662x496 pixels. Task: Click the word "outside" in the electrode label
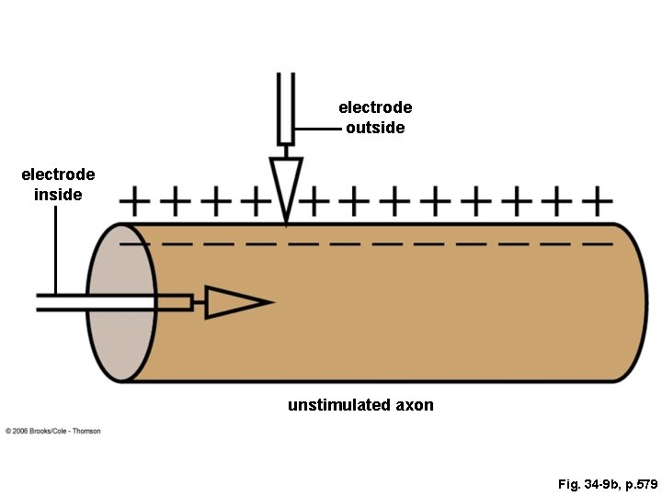[x=375, y=128]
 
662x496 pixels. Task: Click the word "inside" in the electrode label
[x=58, y=194]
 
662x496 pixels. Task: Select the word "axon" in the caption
[x=415, y=405]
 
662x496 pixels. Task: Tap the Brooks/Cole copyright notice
[x=53, y=431]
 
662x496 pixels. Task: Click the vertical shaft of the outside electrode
[x=286, y=106]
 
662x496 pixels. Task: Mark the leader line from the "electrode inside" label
[x=56, y=248]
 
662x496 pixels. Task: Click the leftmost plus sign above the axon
[x=135, y=198]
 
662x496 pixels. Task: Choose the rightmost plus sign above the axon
[x=599, y=198]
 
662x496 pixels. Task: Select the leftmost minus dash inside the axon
[x=135, y=244]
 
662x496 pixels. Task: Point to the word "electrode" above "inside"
[x=58, y=175]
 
